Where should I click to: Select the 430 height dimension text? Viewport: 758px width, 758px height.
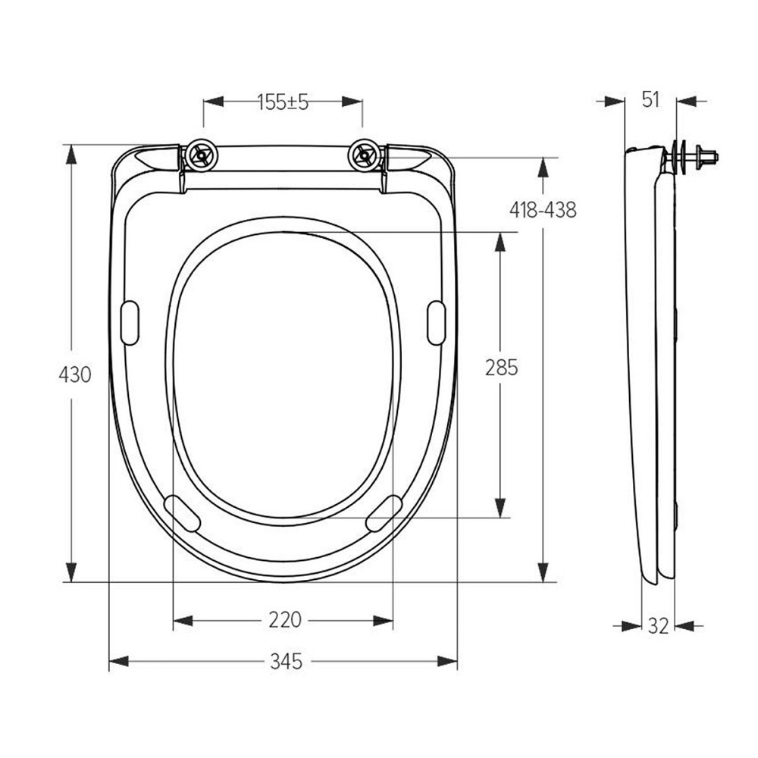click(75, 374)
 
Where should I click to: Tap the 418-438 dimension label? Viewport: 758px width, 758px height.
click(542, 210)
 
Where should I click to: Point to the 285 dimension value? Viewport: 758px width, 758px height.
click(501, 368)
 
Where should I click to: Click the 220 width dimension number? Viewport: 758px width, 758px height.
click(285, 620)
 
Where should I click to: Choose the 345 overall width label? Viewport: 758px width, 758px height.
click(286, 662)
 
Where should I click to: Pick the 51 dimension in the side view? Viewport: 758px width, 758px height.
click(650, 99)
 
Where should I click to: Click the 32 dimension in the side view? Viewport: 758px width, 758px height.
click(658, 625)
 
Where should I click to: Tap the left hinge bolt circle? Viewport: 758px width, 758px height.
click(202, 156)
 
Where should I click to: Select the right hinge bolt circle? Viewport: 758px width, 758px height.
click(365, 156)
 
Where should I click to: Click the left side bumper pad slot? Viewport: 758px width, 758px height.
click(130, 324)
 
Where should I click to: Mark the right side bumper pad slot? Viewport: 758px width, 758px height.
click(437, 324)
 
